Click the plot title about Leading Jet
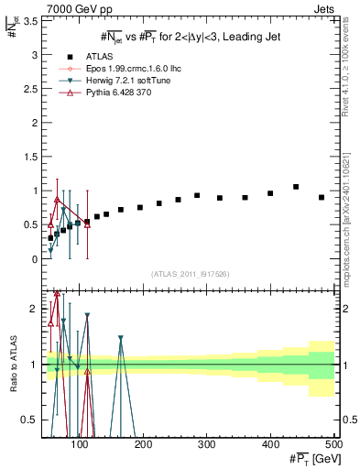coord(190,37)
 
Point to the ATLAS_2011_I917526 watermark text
coord(190,274)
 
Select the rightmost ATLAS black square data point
coord(322,198)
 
